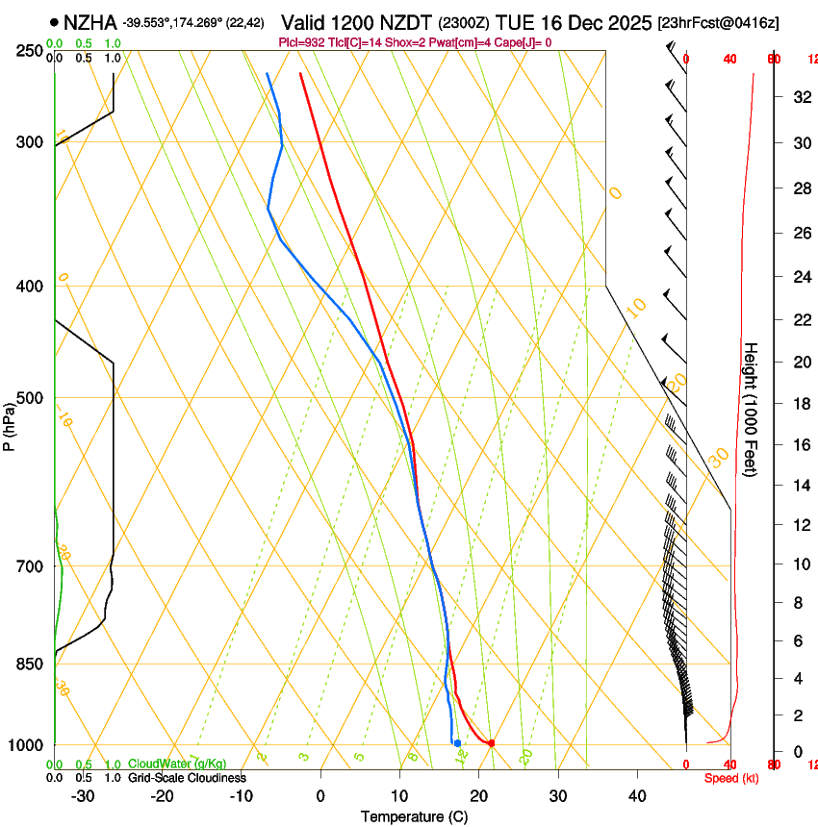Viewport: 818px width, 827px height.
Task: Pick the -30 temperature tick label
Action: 83,796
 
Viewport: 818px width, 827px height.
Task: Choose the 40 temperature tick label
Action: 636,796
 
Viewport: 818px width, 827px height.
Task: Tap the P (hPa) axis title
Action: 10,423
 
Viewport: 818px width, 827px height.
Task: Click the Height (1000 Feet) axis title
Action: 751,409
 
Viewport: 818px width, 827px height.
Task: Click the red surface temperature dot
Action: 491,742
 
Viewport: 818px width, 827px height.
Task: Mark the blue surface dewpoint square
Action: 457,742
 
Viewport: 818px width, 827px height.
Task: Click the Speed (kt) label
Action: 730,778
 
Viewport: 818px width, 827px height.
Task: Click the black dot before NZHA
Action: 54,22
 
